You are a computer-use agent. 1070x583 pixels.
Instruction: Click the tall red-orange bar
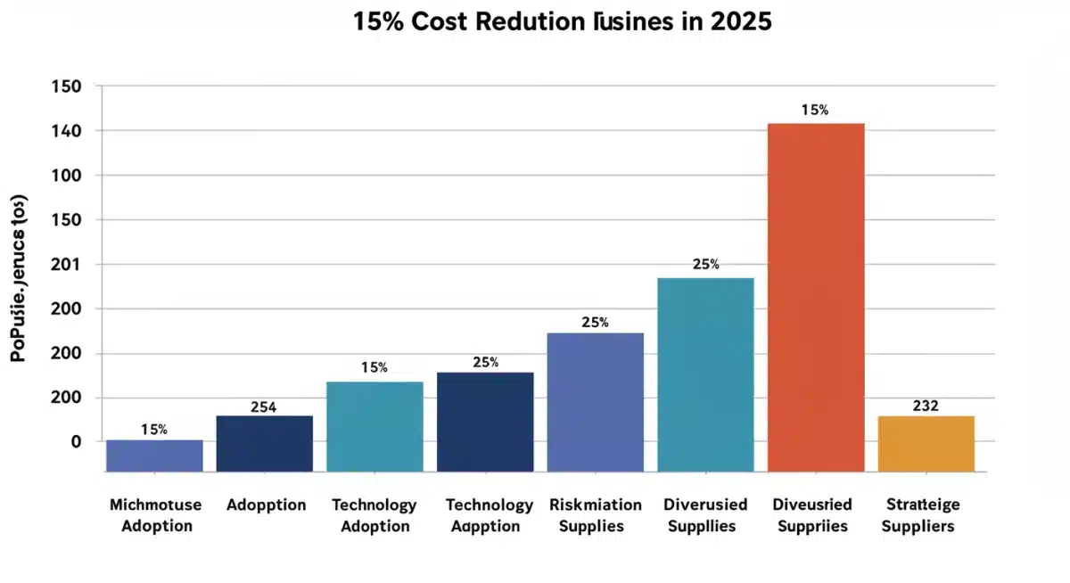click(816, 297)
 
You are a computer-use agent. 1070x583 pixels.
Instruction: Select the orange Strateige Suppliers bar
click(926, 443)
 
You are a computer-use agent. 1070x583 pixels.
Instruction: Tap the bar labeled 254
click(264, 443)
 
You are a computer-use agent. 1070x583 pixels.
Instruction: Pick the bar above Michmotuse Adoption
click(154, 455)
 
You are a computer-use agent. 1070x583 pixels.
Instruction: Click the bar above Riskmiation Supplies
click(595, 401)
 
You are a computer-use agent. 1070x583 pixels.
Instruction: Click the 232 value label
click(926, 406)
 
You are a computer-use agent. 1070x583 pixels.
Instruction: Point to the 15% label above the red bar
click(814, 111)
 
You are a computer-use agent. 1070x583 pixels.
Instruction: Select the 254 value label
click(263, 407)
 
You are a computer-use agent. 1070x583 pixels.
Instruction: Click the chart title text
click(562, 22)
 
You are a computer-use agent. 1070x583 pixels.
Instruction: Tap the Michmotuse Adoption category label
click(155, 515)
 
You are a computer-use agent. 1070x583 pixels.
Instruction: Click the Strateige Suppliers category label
click(918, 515)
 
